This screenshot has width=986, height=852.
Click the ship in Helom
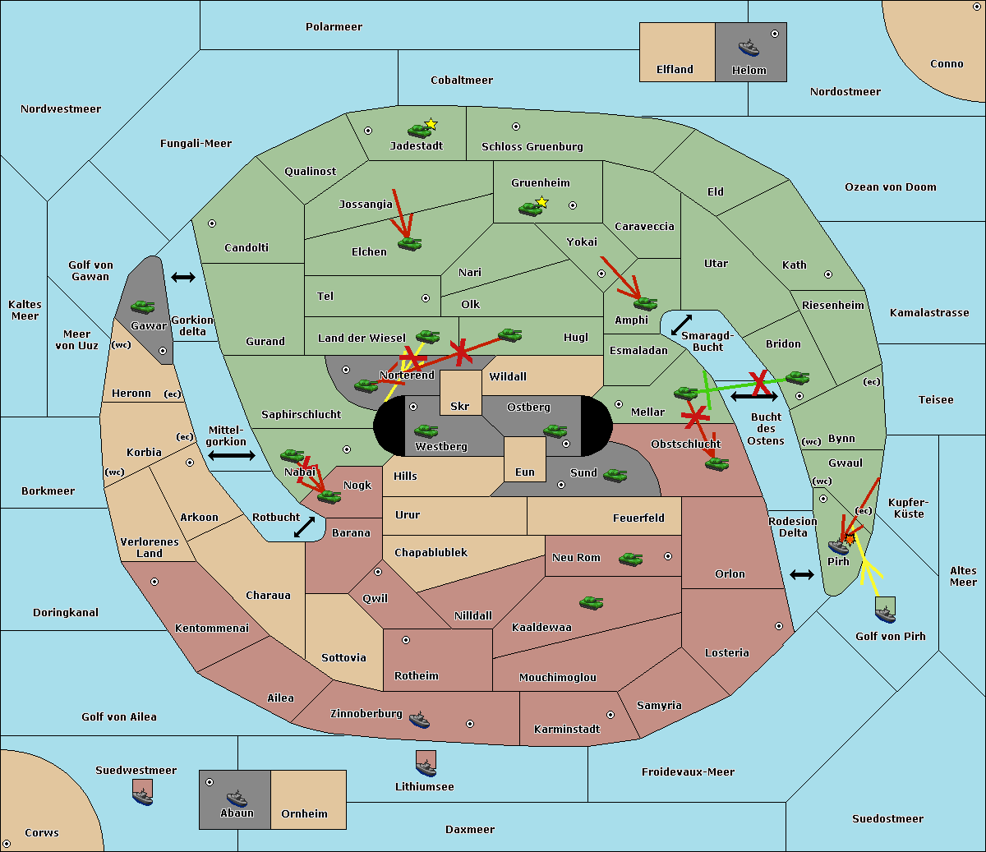(749, 48)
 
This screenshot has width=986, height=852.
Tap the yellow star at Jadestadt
(431, 124)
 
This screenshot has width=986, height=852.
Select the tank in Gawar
(142, 306)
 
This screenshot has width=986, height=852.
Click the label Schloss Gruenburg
(532, 146)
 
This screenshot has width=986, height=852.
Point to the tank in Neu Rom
(630, 559)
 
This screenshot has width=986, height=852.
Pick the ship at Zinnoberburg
(419, 720)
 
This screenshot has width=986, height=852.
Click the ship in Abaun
(237, 798)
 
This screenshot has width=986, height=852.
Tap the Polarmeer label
(334, 27)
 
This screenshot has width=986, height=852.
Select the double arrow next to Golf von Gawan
(183, 277)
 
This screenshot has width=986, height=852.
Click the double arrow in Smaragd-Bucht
(681, 325)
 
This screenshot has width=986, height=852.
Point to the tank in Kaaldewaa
(591, 602)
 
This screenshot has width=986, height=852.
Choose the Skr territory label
(459, 406)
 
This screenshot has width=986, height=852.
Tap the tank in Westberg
(426, 431)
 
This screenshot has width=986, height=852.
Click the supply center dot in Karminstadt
(610, 715)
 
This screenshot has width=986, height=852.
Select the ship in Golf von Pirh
(886, 614)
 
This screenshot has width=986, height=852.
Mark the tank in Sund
(615, 476)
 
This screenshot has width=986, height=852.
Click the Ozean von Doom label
(890, 187)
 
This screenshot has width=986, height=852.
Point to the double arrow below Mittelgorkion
(232, 455)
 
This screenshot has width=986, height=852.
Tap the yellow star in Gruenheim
(541, 202)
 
